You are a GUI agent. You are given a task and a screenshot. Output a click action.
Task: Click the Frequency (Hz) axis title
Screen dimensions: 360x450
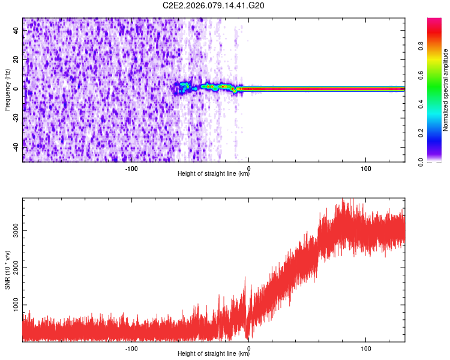pyautogui.click(x=7, y=89)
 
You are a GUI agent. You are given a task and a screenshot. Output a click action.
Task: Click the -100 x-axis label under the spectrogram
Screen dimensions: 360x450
pyautogui.click(x=131, y=168)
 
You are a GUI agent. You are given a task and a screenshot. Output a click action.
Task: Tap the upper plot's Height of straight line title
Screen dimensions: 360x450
pyautogui.click(x=214, y=175)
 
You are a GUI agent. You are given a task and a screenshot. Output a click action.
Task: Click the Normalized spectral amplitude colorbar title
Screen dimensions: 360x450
pyautogui.click(x=445, y=90)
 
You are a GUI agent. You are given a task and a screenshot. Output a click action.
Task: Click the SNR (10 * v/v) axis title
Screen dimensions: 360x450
pyautogui.click(x=7, y=270)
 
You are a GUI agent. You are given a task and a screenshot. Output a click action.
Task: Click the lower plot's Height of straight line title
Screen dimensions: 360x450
pyautogui.click(x=214, y=355)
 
